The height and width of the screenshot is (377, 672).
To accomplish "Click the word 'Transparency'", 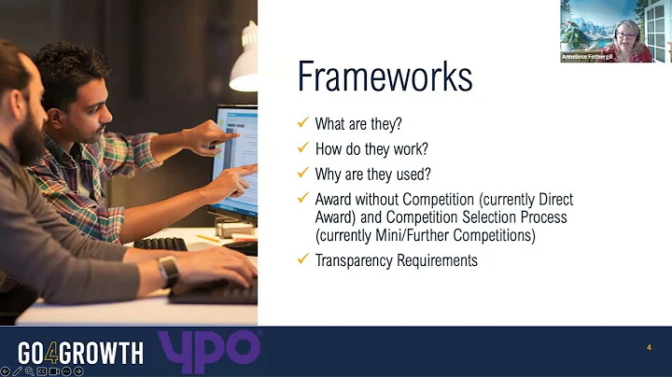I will [x=352, y=260].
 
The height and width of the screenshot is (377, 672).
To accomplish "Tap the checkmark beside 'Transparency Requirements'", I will [x=301, y=259].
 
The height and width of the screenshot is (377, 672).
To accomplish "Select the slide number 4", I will [x=648, y=348].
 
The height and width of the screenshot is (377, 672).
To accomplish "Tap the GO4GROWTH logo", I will [x=81, y=353].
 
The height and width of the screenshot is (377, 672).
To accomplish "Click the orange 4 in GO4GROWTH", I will [x=56, y=353].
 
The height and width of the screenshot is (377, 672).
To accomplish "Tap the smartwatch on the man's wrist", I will [x=169, y=272].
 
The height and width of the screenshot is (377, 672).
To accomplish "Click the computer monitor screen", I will [x=237, y=159].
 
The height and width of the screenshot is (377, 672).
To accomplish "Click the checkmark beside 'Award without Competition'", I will [x=301, y=199].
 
